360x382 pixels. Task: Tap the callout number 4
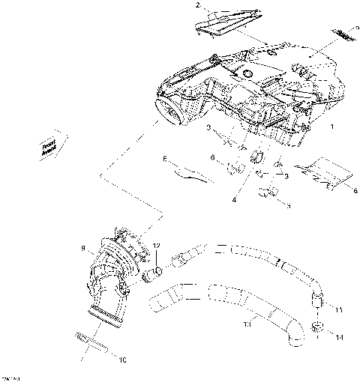(234, 200)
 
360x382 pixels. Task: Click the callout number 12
(156, 246)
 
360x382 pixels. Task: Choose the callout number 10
(123, 360)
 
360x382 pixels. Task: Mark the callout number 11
(338, 310)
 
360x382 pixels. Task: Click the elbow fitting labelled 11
(316, 300)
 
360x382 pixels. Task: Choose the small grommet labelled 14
(317, 327)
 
